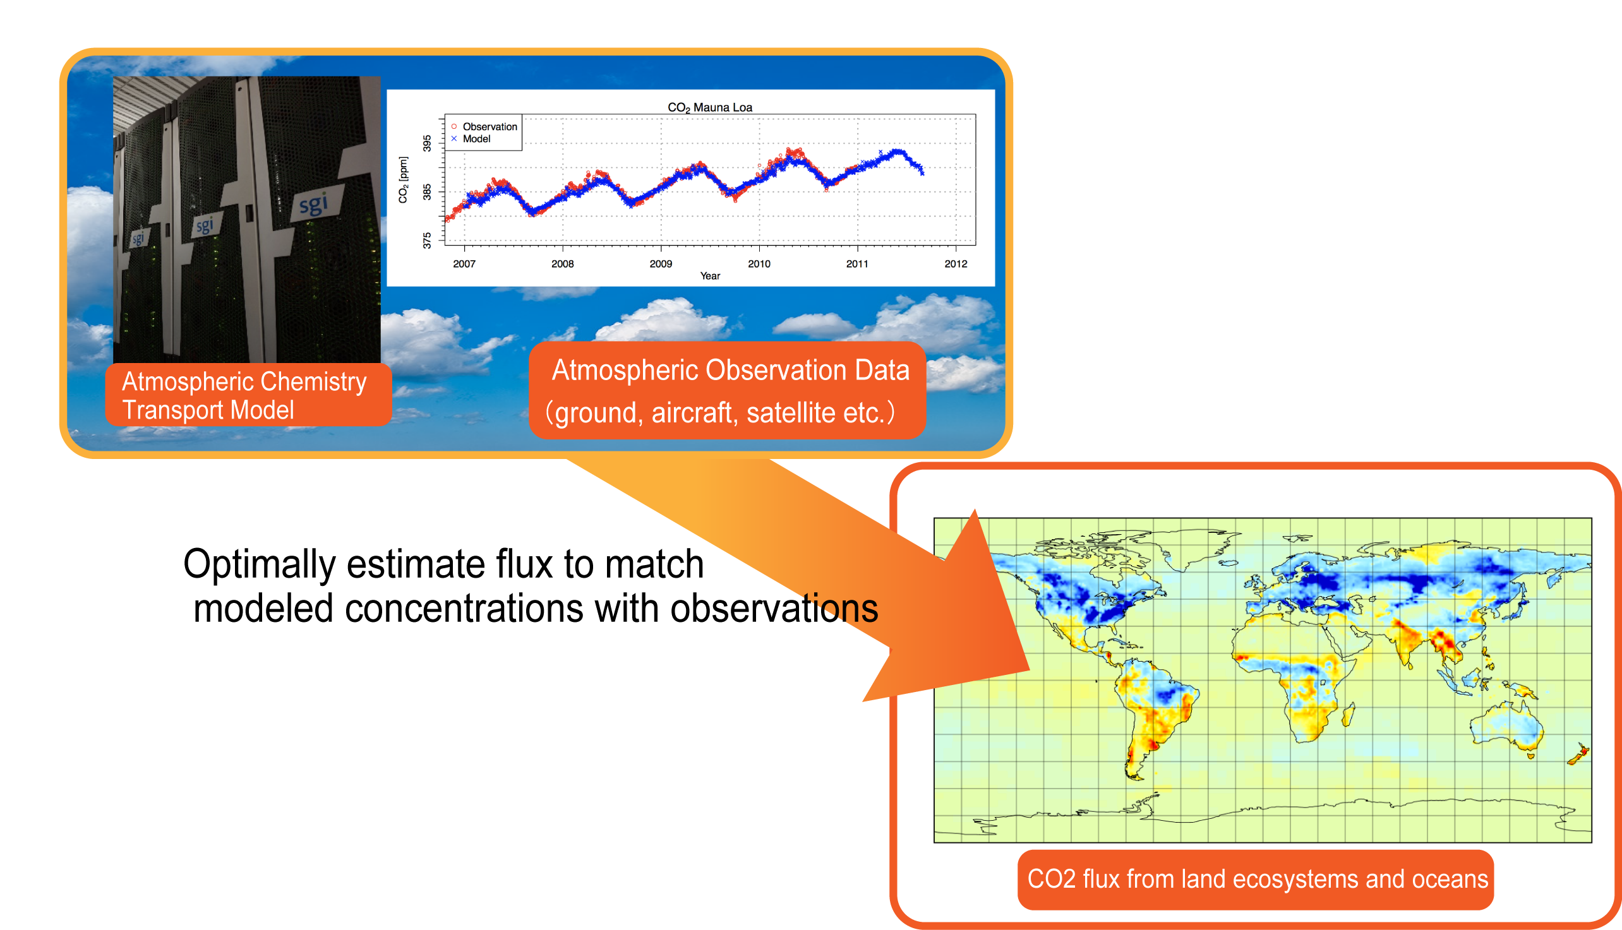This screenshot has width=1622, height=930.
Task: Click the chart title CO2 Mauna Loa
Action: click(x=710, y=107)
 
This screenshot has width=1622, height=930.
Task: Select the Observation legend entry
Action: click(x=484, y=126)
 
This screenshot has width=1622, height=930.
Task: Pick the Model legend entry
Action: click(x=471, y=139)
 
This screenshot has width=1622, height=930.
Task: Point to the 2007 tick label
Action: click(x=464, y=264)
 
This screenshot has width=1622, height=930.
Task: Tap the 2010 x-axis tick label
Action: click(x=759, y=264)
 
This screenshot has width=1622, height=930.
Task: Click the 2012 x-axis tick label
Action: click(x=956, y=264)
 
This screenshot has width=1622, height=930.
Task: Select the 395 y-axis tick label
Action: click(x=427, y=143)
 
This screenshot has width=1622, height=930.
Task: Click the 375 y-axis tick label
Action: click(x=427, y=240)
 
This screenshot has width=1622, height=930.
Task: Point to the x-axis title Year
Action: click(x=710, y=276)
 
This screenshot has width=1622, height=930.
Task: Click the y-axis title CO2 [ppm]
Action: click(x=403, y=179)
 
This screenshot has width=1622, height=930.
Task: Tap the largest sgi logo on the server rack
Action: click(x=315, y=205)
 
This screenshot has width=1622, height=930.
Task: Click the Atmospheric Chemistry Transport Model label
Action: click(x=244, y=395)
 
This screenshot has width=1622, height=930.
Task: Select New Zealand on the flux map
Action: click(x=1579, y=754)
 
